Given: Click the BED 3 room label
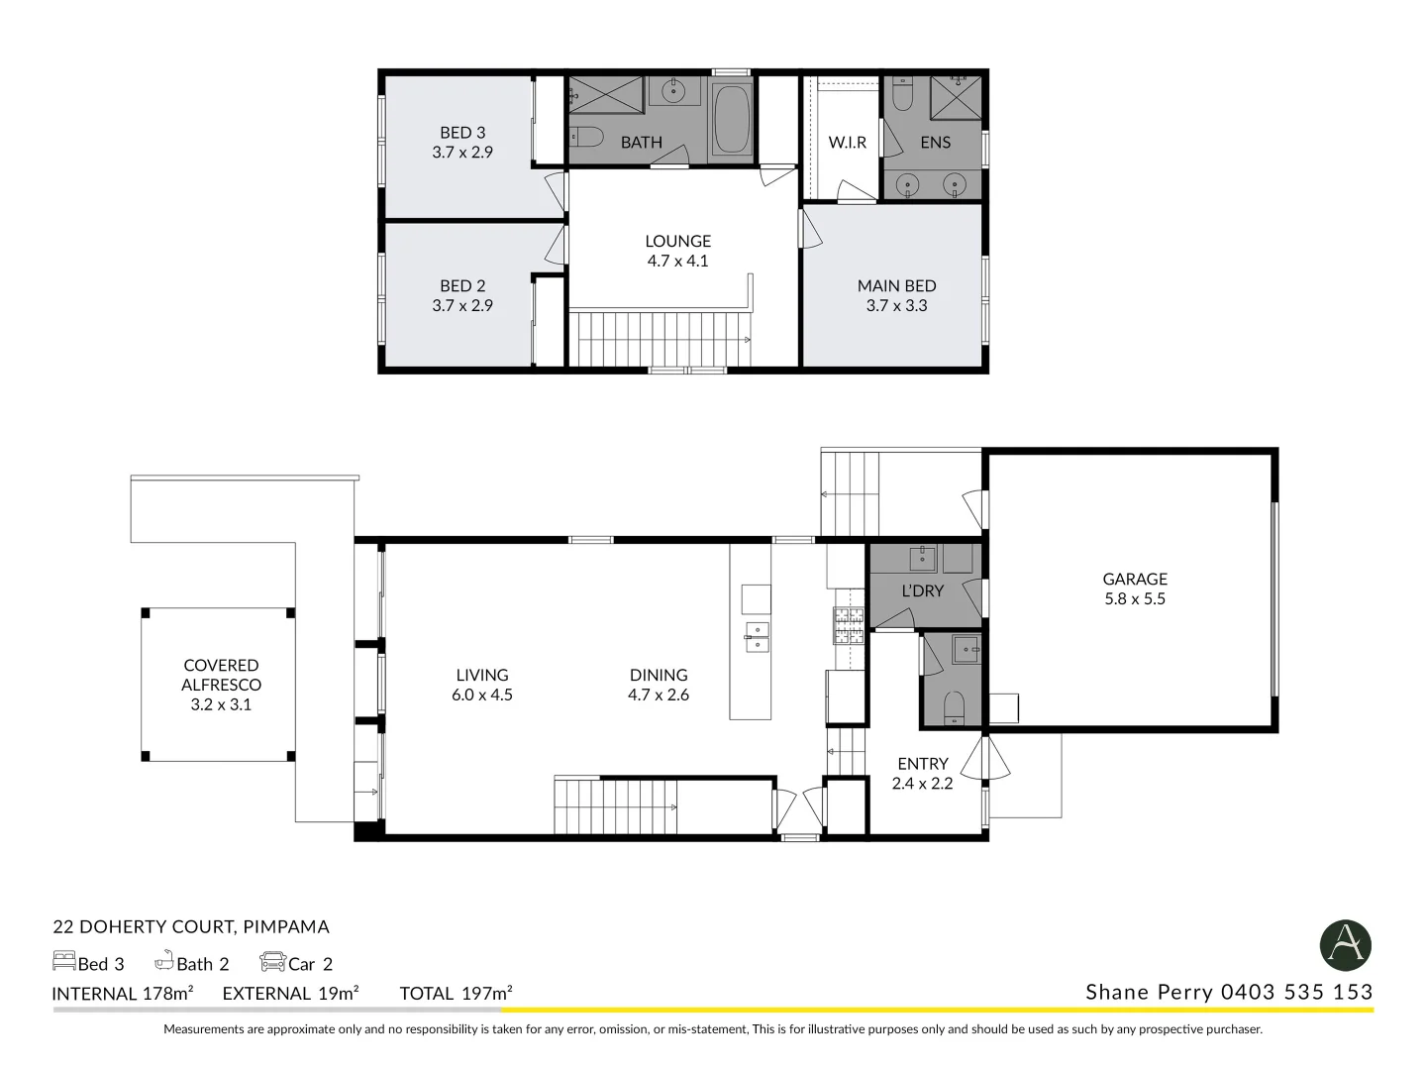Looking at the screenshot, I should pyautogui.click(x=462, y=133).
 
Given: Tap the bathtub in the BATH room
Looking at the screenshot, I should pyautogui.click(x=732, y=120).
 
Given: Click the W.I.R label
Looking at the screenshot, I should pyautogui.click(x=847, y=143).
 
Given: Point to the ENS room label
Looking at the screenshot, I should pyautogui.click(x=935, y=143).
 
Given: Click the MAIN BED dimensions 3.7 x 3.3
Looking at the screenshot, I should pyautogui.click(x=896, y=306).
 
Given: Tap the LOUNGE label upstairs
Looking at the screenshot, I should pyautogui.click(x=677, y=241).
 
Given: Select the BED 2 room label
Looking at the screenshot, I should pyautogui.click(x=462, y=286).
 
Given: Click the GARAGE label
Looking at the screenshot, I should pyautogui.click(x=1135, y=579).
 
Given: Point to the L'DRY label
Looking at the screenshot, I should pyautogui.click(x=922, y=590).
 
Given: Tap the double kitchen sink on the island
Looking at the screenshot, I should pyautogui.click(x=757, y=637).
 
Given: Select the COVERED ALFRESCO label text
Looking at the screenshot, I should pyautogui.click(x=221, y=675).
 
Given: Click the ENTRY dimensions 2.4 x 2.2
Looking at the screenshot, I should pyautogui.click(x=922, y=784).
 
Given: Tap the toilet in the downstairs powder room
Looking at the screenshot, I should pyautogui.click(x=954, y=707).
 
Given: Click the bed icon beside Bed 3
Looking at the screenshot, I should pyautogui.click(x=63, y=961).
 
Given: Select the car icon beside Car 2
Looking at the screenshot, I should pyautogui.click(x=272, y=961).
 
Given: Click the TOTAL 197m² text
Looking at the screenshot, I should pyautogui.click(x=456, y=993).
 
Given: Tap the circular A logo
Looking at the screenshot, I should pyautogui.click(x=1345, y=944).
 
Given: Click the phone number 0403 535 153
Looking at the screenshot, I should pyautogui.click(x=1296, y=992).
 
